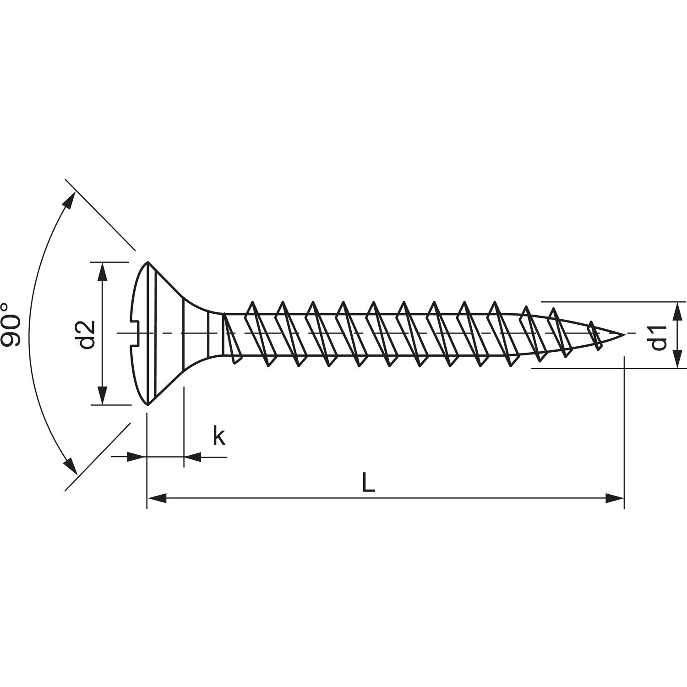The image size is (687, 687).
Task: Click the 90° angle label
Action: [x=11, y=325]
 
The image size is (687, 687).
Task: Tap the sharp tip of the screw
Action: [x=625, y=334]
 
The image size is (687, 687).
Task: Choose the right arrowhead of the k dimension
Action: [x=193, y=457]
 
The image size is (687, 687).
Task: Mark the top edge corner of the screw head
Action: [x=147, y=262]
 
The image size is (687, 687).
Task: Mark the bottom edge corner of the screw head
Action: [x=147, y=405]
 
